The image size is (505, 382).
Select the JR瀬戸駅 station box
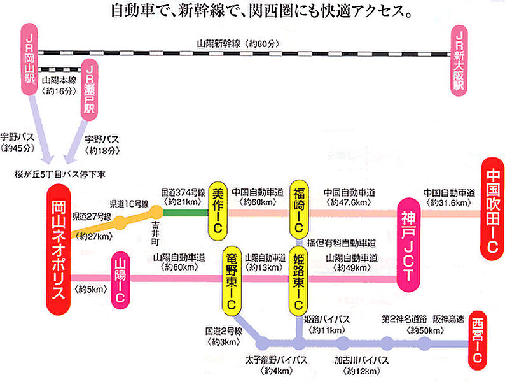(91, 89)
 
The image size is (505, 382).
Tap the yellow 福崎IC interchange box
(299, 209)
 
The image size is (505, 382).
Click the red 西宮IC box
(478, 340)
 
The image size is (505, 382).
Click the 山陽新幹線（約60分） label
(239, 44)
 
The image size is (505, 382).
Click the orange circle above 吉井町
(156, 211)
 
